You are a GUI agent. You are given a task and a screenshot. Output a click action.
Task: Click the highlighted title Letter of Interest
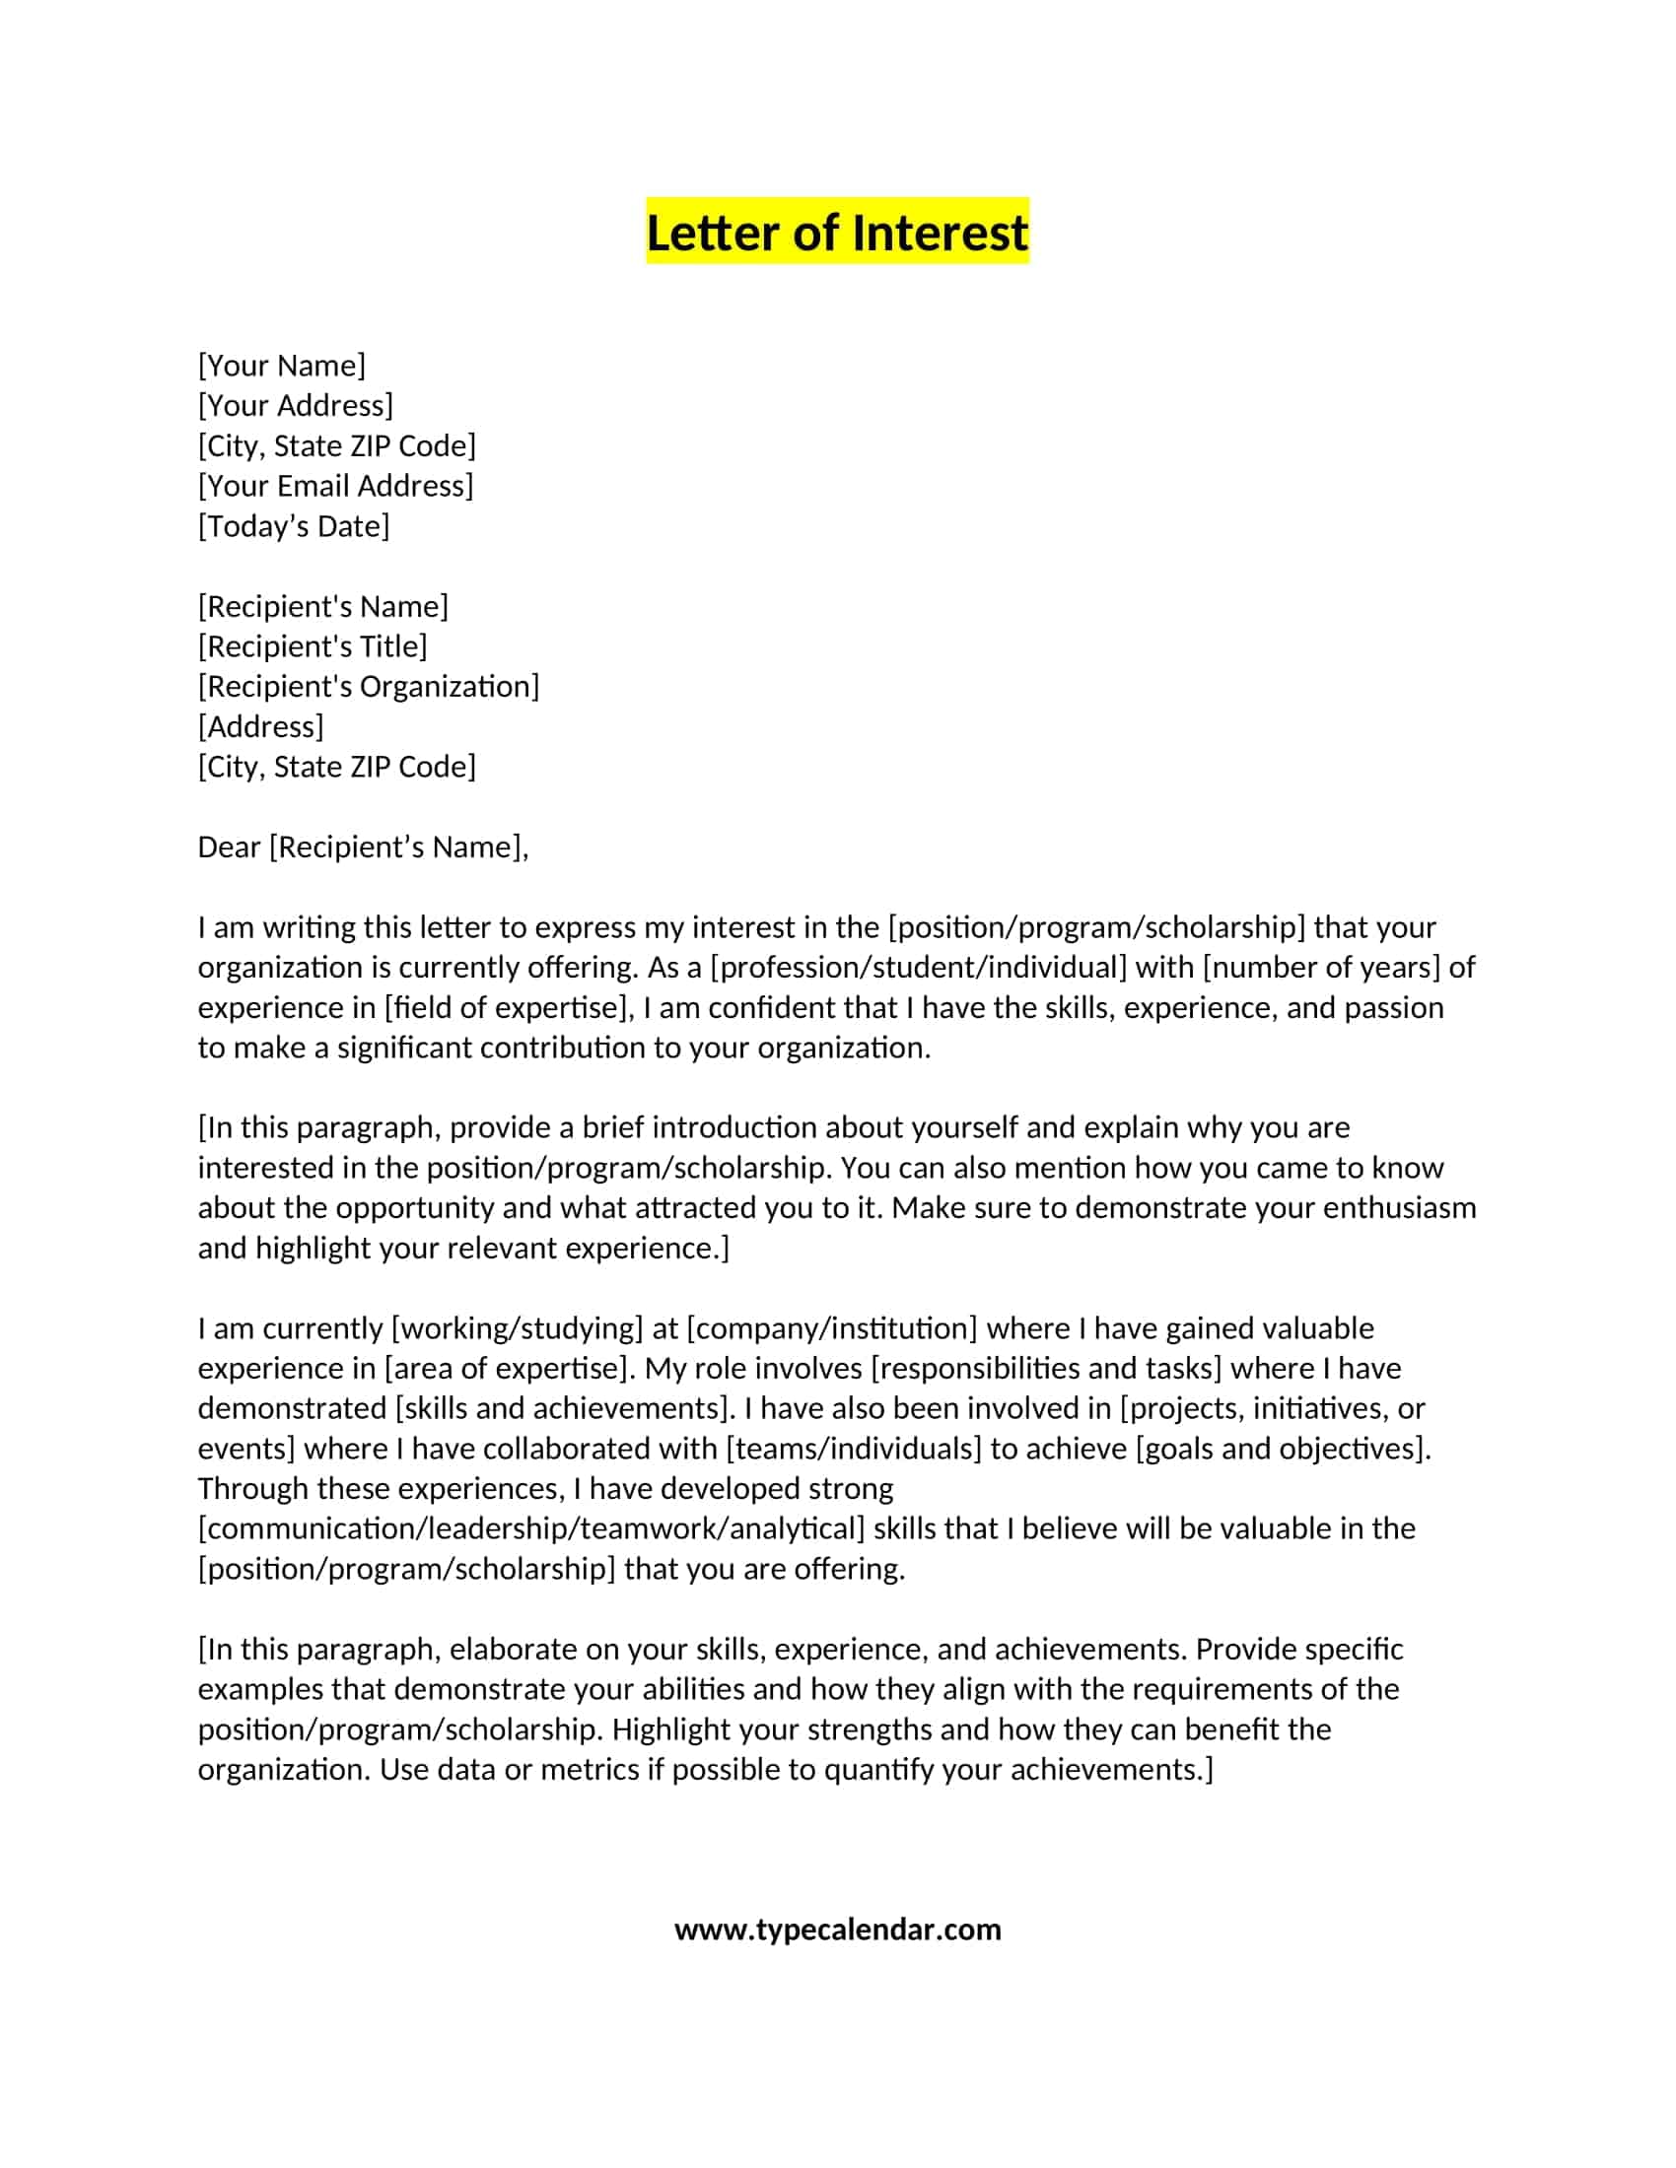[x=837, y=233]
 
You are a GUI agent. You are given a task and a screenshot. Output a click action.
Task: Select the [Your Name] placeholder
[x=282, y=366]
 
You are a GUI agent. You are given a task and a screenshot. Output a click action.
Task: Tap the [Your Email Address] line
[x=335, y=486]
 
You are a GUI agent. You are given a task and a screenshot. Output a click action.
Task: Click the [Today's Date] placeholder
[x=294, y=526]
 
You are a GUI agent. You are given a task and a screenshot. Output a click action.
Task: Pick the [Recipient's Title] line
[x=313, y=646]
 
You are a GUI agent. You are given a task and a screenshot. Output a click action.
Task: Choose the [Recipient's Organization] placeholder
[x=369, y=686]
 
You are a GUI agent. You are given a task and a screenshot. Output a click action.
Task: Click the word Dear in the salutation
[x=229, y=847]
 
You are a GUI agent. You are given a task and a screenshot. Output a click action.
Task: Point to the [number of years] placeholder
[x=1320, y=967]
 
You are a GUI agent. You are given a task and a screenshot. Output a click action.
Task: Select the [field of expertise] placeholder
[x=510, y=1007]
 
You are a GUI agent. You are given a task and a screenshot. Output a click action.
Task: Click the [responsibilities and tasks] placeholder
[x=1045, y=1368]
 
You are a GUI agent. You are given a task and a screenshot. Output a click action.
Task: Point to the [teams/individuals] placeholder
[x=853, y=1449]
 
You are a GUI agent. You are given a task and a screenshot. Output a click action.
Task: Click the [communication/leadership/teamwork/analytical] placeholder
[x=531, y=1528]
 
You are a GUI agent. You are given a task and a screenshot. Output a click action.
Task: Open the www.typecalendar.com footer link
[x=837, y=1929]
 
